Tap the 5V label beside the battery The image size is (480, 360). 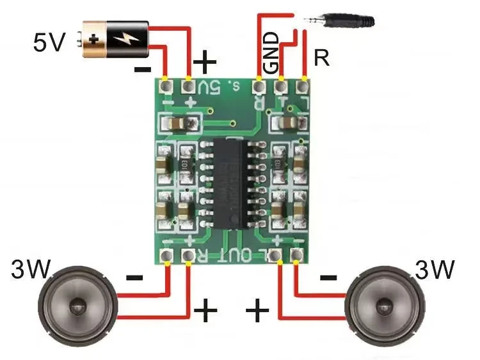click(49, 43)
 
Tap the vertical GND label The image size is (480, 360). click(272, 51)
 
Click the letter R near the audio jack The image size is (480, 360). click(322, 59)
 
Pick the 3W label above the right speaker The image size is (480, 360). click(435, 270)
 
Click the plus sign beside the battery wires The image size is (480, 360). click(205, 62)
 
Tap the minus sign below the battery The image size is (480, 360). click(143, 69)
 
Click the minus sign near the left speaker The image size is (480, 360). click(134, 278)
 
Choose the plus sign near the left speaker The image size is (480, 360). click(205, 311)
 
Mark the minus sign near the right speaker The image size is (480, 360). click(328, 278)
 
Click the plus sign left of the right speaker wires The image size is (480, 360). click(257, 311)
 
